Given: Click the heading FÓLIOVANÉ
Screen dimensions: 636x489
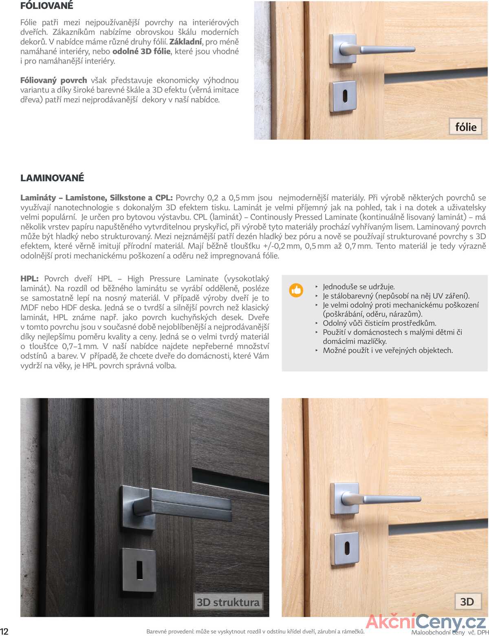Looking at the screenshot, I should (47, 6).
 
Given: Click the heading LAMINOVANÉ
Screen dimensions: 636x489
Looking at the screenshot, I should (52, 178).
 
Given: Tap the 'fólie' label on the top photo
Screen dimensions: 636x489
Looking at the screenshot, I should (465, 127).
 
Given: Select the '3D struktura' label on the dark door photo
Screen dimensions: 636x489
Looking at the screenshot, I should (228, 602).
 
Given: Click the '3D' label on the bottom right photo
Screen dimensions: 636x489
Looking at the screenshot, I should (467, 602).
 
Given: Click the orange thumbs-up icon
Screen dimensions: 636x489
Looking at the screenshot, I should (296, 290).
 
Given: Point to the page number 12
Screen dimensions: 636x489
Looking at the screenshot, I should (4, 631).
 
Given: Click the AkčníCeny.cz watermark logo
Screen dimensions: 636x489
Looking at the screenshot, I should (425, 622).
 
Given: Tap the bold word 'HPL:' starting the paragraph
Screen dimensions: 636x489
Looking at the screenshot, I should (29, 279).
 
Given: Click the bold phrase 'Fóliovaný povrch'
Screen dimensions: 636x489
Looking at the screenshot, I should (53, 80).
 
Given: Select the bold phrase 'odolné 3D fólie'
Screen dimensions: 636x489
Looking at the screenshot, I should (141, 51).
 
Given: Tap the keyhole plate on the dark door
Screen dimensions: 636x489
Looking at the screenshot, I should (139, 570).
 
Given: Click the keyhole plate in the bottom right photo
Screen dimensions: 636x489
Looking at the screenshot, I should (346, 548).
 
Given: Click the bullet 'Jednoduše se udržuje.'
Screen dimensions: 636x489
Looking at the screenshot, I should (359, 287).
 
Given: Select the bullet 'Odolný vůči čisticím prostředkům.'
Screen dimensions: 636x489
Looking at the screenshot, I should (379, 323).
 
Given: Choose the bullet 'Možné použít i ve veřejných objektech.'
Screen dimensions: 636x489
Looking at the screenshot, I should (388, 350).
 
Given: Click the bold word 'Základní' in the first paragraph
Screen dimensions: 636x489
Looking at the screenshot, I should (185, 42).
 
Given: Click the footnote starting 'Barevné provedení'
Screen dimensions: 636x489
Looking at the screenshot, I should (255, 632).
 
